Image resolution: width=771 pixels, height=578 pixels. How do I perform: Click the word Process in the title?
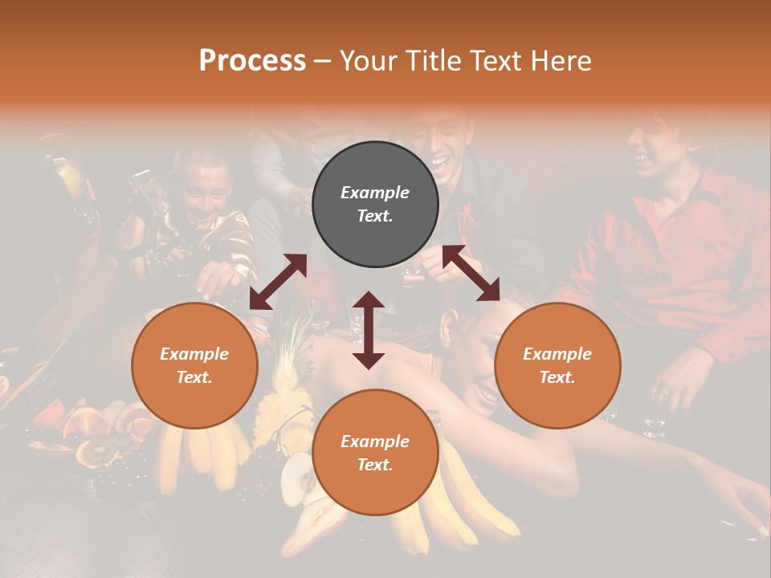tap(252, 60)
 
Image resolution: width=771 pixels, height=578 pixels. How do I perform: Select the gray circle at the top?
tap(375, 205)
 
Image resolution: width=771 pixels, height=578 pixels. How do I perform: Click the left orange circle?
tap(194, 365)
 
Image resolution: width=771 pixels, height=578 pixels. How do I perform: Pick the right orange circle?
tap(557, 365)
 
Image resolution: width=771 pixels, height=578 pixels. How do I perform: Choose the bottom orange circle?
tap(375, 453)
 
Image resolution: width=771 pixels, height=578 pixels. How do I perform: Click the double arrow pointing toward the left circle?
tap(278, 282)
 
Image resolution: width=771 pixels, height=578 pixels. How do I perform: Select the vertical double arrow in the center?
tap(369, 330)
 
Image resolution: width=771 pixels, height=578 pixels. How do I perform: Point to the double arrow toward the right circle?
tap(471, 274)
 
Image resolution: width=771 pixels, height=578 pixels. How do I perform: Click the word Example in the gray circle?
tap(375, 193)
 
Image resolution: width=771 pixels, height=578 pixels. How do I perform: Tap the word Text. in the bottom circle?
tap(375, 465)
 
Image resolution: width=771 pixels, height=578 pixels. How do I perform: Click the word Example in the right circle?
tap(557, 354)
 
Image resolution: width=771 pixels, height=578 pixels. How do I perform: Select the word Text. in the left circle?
tap(194, 377)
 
